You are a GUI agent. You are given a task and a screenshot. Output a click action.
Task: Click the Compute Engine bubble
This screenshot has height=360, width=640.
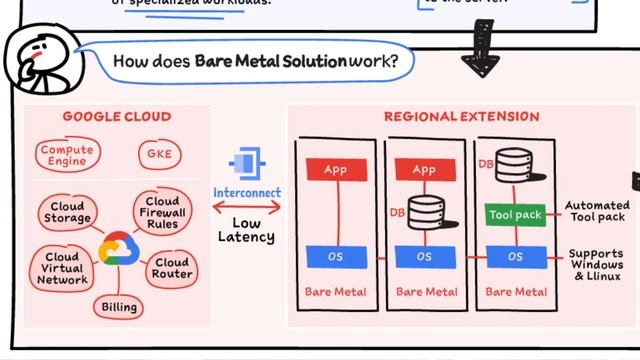click(67, 155)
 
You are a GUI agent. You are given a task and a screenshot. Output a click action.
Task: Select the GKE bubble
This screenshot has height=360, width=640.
click(157, 155)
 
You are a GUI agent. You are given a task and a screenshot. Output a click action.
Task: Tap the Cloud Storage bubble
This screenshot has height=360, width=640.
click(67, 212)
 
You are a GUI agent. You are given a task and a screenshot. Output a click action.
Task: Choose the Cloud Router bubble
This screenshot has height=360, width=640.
click(171, 268)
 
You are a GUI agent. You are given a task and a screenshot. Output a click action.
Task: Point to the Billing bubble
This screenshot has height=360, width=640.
click(118, 306)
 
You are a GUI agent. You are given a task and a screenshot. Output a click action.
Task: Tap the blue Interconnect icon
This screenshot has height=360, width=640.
click(246, 163)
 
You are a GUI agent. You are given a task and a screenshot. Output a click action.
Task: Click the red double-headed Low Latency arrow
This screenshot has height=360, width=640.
click(246, 209)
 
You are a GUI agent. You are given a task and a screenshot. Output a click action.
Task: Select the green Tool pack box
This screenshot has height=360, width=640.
click(515, 214)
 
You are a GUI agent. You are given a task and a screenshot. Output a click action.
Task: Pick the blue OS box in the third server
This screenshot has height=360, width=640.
click(515, 257)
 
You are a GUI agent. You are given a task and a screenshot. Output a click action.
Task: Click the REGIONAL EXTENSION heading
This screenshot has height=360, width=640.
click(461, 117)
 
